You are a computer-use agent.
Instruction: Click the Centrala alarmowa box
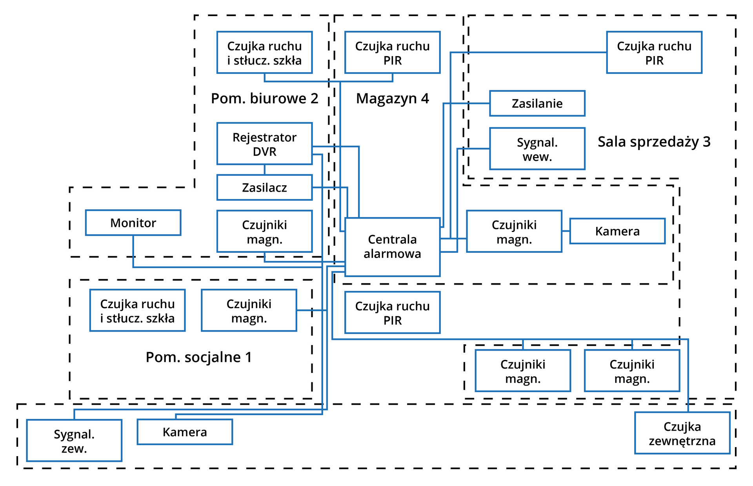click(392, 247)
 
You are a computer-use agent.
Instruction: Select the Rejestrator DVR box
click(264, 144)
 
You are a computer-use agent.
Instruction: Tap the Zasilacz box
click(264, 187)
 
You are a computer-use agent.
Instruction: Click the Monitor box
click(133, 223)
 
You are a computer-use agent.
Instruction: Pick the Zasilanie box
click(537, 103)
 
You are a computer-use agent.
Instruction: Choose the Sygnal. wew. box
click(537, 149)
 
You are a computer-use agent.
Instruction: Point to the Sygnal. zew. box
click(74, 440)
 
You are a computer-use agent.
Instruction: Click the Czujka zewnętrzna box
click(682, 433)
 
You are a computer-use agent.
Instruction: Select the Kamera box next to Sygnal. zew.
click(185, 432)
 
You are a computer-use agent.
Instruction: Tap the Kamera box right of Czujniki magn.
click(617, 231)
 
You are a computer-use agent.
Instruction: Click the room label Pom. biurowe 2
click(264, 98)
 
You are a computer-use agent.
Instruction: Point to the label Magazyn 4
click(392, 98)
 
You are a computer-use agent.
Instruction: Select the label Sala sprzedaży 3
click(654, 142)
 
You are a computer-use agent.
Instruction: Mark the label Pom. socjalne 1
click(198, 357)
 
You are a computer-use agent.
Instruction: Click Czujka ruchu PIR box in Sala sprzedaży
click(654, 53)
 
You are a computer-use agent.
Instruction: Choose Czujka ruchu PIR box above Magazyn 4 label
click(392, 53)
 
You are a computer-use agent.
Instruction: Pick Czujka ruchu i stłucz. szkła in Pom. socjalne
click(137, 311)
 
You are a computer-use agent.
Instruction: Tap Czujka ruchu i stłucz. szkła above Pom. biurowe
click(264, 53)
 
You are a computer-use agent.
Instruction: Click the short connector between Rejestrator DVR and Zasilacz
click(264, 170)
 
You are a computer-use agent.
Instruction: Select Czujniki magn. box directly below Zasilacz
click(264, 231)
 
